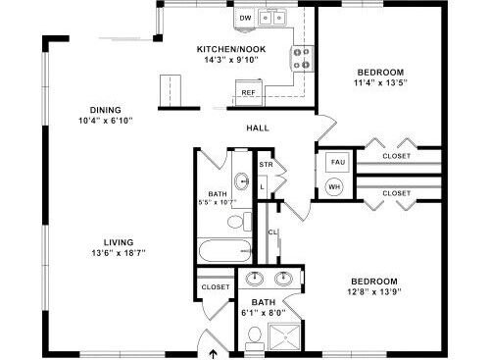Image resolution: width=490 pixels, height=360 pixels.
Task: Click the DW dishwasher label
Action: tap(245, 18)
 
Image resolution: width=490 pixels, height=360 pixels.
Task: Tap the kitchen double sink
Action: tap(272, 18)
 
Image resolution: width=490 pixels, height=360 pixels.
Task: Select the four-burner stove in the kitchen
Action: tap(302, 58)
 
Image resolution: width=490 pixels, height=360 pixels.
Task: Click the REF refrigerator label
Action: tap(248, 93)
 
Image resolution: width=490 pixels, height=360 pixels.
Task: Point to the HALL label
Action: tap(258, 128)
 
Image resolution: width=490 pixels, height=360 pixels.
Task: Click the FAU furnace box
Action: tap(338, 162)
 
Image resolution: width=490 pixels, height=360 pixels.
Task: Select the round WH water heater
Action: tap(334, 187)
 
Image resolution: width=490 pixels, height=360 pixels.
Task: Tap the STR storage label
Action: tap(266, 165)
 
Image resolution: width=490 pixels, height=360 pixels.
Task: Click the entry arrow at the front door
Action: tap(214, 354)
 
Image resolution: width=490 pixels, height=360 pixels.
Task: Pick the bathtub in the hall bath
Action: tap(224, 250)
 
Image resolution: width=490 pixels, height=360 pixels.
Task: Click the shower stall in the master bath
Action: tap(284, 336)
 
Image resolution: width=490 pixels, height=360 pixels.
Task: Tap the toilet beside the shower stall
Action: tap(255, 338)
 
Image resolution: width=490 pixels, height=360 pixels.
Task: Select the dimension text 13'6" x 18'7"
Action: tap(119, 253)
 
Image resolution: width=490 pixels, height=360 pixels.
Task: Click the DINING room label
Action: tap(106, 110)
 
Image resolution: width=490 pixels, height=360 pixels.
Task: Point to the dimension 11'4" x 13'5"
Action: tap(380, 82)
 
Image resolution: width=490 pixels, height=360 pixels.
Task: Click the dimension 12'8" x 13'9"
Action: tap(374, 291)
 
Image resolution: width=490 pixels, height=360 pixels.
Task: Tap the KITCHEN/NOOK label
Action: tap(231, 49)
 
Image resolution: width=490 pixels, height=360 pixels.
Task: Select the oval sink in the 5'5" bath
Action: tap(242, 180)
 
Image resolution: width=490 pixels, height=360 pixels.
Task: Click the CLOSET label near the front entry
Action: tap(216, 287)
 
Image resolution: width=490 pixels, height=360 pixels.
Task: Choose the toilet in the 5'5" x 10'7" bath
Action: tap(239, 222)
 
